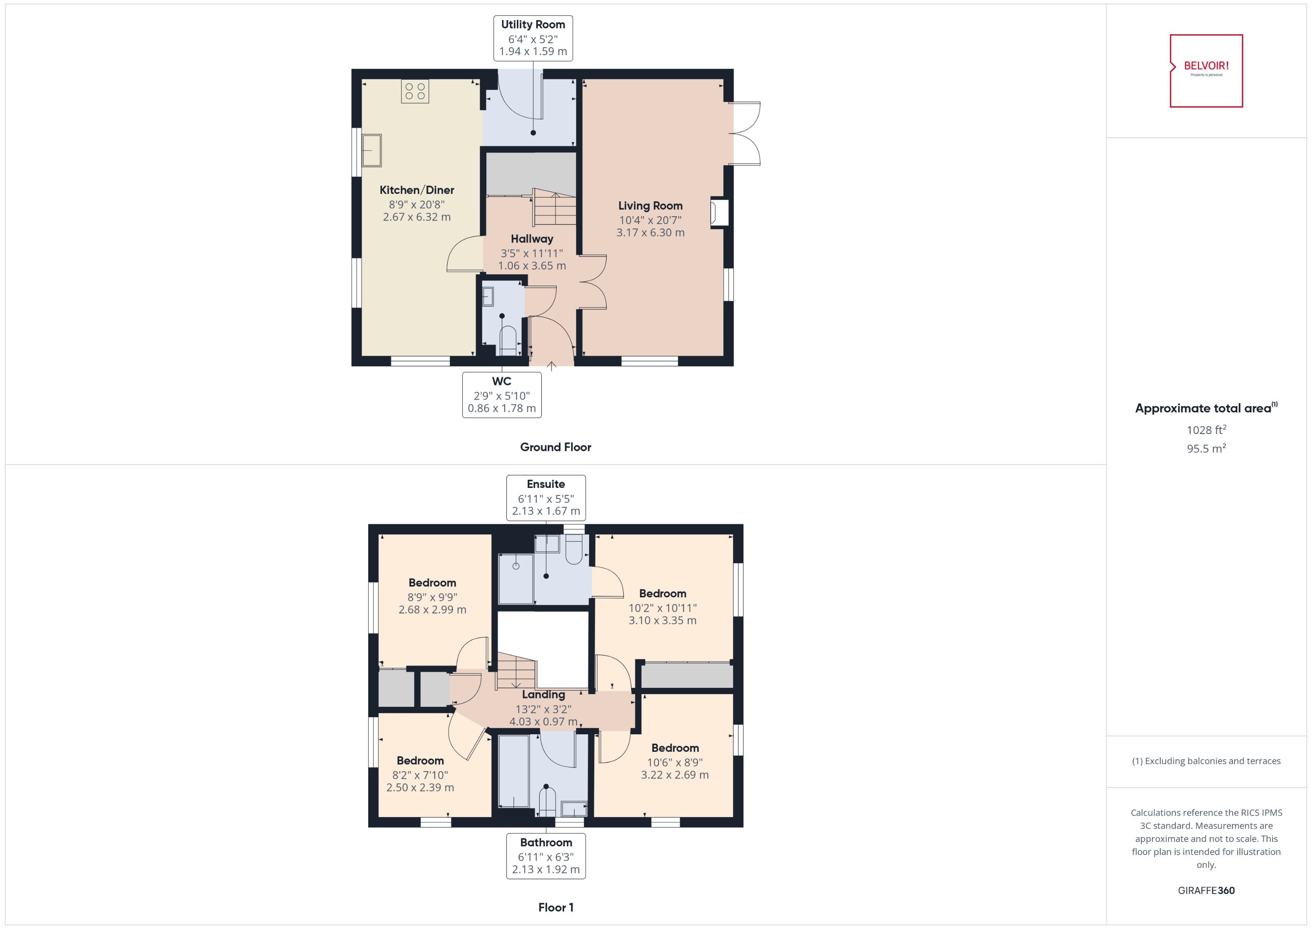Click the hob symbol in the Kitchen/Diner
tap(415, 91)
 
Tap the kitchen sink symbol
tap(372, 151)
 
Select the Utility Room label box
tap(533, 38)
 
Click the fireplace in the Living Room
tap(718, 213)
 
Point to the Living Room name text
tap(650, 205)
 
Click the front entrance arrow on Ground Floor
tap(551, 366)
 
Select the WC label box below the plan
tap(501, 395)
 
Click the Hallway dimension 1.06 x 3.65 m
tap(532, 266)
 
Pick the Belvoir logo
tap(1206, 70)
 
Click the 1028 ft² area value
tap(1206, 430)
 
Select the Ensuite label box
tap(545, 497)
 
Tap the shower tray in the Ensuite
tap(516, 578)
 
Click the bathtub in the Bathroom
tap(513, 771)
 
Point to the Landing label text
tap(543, 694)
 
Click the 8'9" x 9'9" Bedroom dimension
tap(432, 596)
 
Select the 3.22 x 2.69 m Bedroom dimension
tap(674, 775)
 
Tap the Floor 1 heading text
tap(555, 907)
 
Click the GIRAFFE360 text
tap(1206, 890)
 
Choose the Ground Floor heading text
tap(555, 447)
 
